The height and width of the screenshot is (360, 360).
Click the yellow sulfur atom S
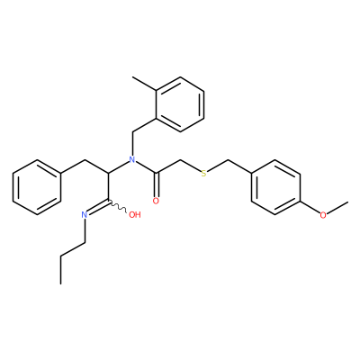coord(204,174)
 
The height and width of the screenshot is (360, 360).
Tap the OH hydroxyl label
coord(135,215)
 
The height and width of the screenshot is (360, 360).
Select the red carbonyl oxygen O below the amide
coord(156,201)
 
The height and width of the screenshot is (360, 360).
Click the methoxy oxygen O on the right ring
coord(323,215)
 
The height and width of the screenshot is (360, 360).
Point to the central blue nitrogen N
coord(132,159)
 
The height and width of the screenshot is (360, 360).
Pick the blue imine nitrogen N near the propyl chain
coord(85,215)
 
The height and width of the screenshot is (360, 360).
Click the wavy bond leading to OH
coord(118,207)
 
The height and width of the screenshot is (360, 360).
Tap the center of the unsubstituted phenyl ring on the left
coord(37,187)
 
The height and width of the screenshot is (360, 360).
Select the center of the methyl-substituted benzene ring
coord(180,104)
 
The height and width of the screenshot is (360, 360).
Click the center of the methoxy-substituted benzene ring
coord(275,187)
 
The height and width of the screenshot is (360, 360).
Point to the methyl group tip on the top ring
coord(132,77)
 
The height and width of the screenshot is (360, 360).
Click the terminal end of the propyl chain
coord(60,283)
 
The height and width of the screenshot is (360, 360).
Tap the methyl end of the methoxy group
coord(348,202)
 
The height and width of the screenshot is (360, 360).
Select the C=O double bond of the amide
coord(156,185)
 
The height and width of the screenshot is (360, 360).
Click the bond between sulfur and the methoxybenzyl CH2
coord(218,166)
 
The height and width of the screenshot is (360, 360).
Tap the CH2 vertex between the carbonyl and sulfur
coord(180,160)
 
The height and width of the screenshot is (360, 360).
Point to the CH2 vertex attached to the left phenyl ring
coord(85,160)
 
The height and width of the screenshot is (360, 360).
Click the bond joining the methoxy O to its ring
coord(310,207)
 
